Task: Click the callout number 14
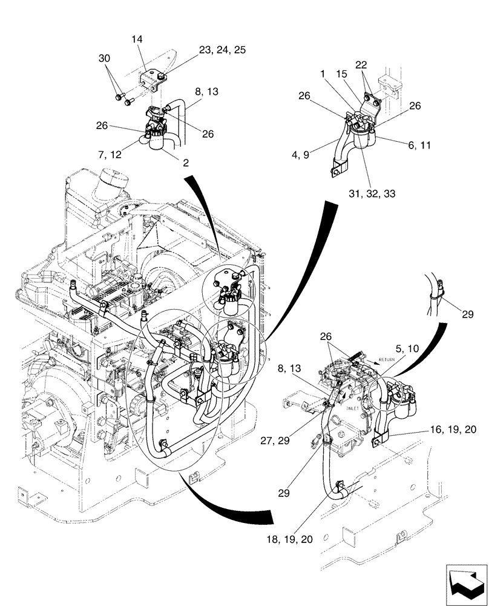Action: point(137,39)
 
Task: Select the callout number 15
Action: point(341,73)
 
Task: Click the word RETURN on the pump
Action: point(387,359)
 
